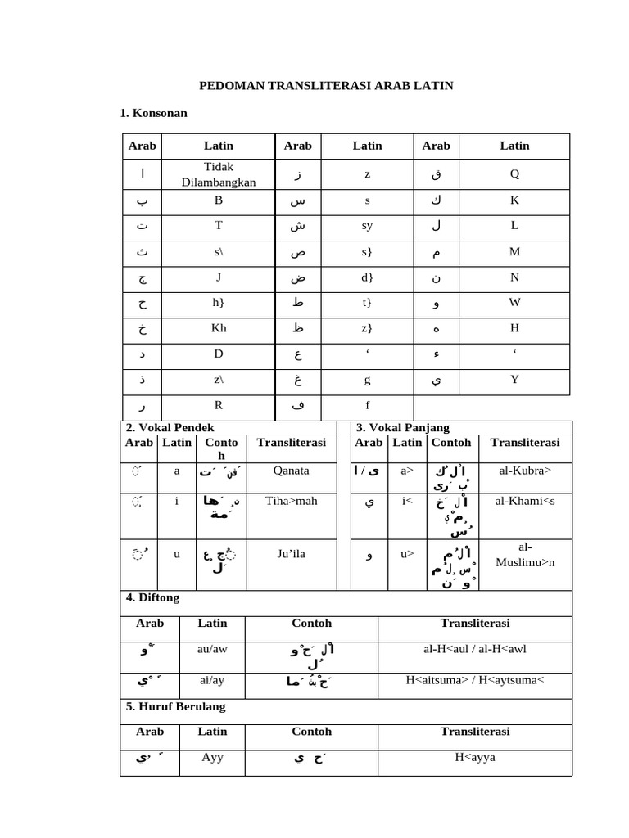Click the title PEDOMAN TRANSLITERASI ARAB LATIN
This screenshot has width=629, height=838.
click(327, 85)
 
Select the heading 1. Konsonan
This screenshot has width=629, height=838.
click(153, 113)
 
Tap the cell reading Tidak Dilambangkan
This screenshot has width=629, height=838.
click(219, 174)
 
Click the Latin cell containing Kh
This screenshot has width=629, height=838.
click(219, 328)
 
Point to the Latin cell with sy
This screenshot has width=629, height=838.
click(367, 227)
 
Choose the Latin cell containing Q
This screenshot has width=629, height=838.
click(514, 173)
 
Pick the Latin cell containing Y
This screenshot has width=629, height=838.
click(514, 379)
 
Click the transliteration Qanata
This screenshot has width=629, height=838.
click(291, 471)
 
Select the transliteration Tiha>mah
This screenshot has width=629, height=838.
click(291, 502)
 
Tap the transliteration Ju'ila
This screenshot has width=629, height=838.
click(291, 554)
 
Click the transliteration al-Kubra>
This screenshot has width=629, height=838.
click(525, 471)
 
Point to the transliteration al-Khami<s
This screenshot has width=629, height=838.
click(525, 502)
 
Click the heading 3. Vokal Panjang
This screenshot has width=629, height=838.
click(403, 428)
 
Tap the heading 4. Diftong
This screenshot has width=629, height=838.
click(153, 598)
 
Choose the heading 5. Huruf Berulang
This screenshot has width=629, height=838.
click(175, 706)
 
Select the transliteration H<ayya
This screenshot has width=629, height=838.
click(475, 757)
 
